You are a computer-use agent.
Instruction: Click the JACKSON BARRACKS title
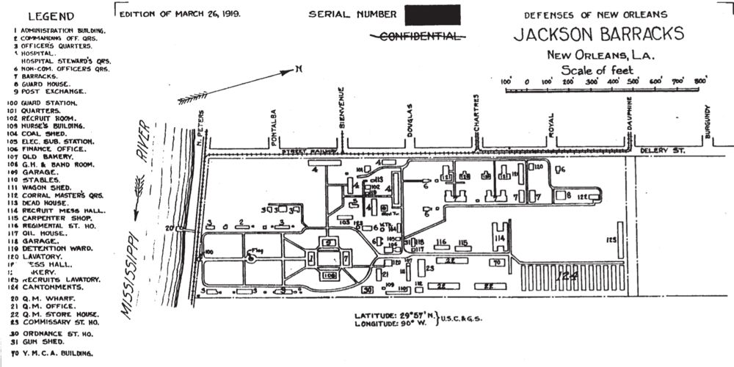pyautogui.click(x=599, y=34)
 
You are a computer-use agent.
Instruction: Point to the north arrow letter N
pyautogui.click(x=299, y=69)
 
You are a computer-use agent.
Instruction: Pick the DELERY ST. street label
pyautogui.click(x=660, y=150)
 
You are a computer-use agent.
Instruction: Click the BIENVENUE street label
pyautogui.click(x=341, y=117)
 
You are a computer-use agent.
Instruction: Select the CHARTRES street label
pyautogui.click(x=476, y=114)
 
